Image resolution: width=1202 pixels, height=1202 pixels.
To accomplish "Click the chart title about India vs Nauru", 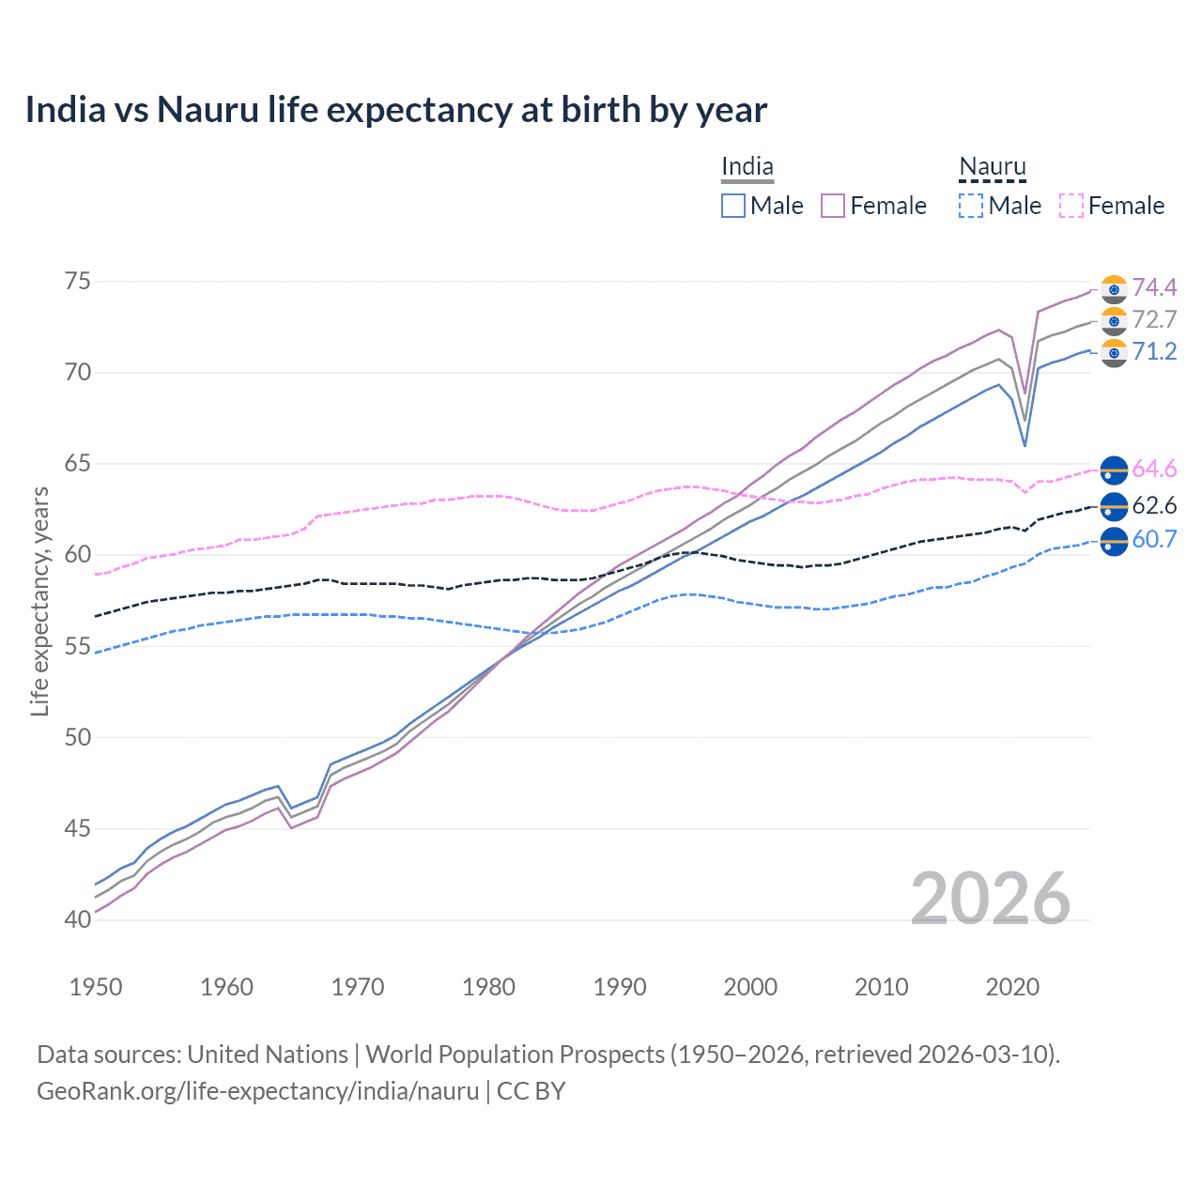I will [x=395, y=110].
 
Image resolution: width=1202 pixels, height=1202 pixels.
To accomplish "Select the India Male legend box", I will [x=733, y=206].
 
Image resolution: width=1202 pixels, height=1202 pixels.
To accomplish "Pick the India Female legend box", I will [x=833, y=206].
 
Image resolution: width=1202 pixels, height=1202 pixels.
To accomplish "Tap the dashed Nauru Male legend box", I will [x=971, y=206].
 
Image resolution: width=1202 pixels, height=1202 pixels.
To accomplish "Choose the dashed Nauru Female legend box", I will [x=1071, y=206].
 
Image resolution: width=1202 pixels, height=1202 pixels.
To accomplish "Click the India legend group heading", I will [x=747, y=167].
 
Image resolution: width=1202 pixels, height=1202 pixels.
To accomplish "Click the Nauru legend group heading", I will [x=993, y=167].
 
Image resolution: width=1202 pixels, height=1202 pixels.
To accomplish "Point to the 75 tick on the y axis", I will [x=78, y=282].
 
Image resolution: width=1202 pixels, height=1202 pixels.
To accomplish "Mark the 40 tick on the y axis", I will [x=78, y=919].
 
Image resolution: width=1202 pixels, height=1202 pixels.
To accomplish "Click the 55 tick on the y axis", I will [x=78, y=646].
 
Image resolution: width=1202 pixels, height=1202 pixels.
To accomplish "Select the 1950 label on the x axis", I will [x=96, y=987].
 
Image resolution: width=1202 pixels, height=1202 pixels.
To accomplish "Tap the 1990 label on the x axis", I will [x=620, y=987].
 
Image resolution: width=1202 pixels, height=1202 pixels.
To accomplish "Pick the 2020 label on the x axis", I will [x=1012, y=987].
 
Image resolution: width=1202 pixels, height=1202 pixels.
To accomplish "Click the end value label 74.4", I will [x=1154, y=287].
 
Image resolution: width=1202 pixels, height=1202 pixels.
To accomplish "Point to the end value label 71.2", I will [x=1154, y=351].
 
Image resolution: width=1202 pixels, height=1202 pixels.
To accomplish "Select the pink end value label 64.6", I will [x=1154, y=469].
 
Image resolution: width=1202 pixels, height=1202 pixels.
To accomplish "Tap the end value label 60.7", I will [x=1154, y=539].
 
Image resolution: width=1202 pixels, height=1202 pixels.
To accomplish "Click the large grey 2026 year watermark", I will [x=991, y=899].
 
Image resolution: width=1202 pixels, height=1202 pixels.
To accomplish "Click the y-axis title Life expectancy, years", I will [x=39, y=601].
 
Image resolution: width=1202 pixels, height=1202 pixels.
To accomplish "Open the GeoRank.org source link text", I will [x=257, y=1091].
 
